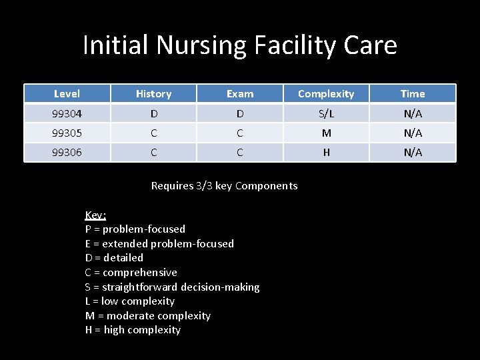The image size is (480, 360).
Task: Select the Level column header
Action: [67, 94]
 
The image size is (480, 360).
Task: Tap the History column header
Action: [153, 94]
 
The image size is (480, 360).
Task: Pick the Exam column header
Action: [240, 94]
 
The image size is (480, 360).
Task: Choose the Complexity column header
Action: [326, 94]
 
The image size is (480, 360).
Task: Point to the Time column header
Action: [413, 94]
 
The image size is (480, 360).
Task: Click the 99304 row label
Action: [67, 113]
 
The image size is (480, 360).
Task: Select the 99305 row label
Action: [67, 133]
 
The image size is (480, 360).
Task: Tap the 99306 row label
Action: [67, 152]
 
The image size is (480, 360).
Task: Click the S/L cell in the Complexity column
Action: [326, 113]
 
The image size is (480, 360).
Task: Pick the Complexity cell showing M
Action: [326, 133]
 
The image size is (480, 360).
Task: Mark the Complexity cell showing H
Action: [326, 152]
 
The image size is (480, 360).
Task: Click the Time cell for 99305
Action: [413, 133]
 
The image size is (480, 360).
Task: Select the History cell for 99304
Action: [153, 113]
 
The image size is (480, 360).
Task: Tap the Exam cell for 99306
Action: [240, 152]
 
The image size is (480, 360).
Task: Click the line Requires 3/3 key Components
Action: [224, 186]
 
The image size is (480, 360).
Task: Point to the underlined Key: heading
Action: [95, 215]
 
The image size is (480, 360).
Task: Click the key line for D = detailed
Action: [114, 257]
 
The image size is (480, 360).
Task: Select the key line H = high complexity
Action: [133, 330]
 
